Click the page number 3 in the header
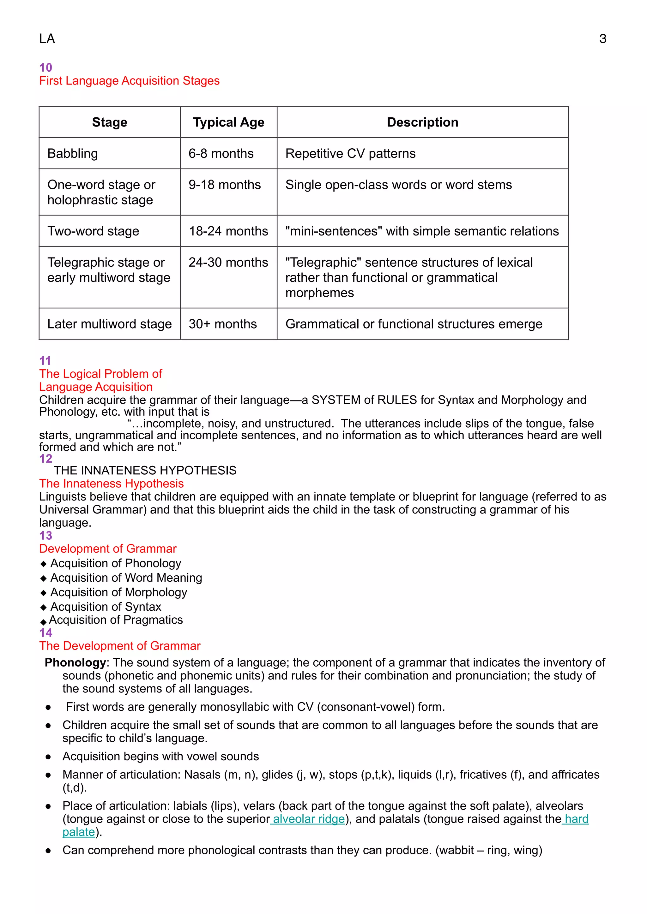(602, 39)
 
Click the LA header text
(47, 39)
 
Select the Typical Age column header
(228, 122)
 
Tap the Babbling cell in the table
(73, 154)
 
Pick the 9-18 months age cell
(224, 185)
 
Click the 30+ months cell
(222, 324)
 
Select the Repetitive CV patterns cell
(350, 154)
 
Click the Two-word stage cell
(93, 231)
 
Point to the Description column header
(422, 122)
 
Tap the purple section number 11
(45, 361)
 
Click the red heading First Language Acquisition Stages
(129, 81)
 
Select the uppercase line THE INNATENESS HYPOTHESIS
(145, 471)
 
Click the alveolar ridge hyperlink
(309, 819)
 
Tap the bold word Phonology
(75, 662)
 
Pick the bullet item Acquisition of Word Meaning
(126, 578)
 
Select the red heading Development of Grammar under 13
(107, 549)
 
